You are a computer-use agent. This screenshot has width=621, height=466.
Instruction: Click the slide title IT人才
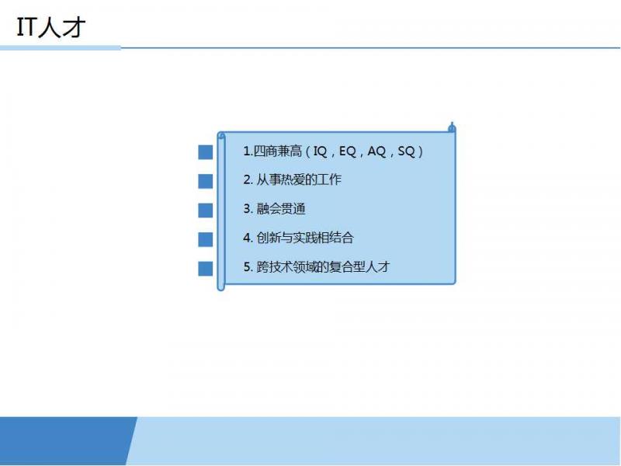tap(51, 27)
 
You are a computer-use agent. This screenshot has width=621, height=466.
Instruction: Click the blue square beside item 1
tap(205, 152)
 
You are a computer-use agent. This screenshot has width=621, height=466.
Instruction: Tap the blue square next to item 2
tap(205, 181)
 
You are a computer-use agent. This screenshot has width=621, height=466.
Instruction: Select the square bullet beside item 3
tap(205, 210)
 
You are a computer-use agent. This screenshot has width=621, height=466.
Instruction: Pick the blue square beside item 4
tap(205, 239)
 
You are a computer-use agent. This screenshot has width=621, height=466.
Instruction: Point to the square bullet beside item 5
tap(205, 268)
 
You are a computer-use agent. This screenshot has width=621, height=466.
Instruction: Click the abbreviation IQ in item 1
tap(320, 151)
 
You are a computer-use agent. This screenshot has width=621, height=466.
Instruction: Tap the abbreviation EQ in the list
tap(347, 151)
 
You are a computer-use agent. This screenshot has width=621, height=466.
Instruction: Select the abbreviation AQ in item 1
tap(376, 151)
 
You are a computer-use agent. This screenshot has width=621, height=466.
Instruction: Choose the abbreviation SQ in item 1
tap(406, 151)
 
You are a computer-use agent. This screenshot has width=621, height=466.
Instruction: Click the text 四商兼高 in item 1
tap(278, 151)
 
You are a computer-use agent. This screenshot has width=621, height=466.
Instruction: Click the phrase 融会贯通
tap(281, 209)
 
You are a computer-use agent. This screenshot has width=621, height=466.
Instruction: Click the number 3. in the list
tap(248, 209)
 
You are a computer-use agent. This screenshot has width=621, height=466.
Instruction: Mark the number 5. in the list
tap(248, 267)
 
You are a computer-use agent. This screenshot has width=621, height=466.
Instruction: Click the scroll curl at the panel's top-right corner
tap(452, 127)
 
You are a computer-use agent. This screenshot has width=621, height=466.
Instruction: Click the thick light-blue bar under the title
tap(61, 48)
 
